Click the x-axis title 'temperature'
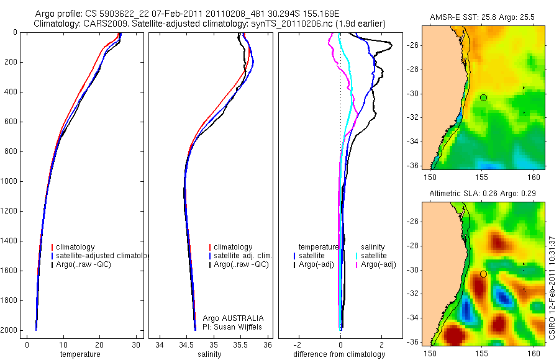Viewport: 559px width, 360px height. point(80,354)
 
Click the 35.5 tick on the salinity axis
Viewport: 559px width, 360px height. point(241,345)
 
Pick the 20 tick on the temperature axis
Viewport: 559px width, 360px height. point(99,345)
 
